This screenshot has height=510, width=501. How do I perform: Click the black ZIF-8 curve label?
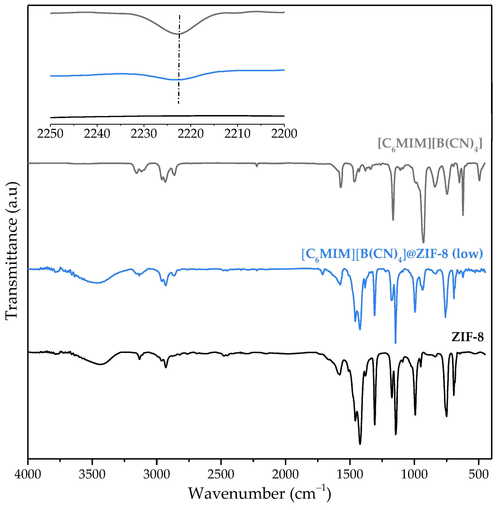pos(468,337)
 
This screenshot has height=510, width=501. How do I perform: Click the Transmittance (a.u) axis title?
pos(12,250)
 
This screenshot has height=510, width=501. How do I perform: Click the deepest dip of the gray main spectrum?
pos(423,242)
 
